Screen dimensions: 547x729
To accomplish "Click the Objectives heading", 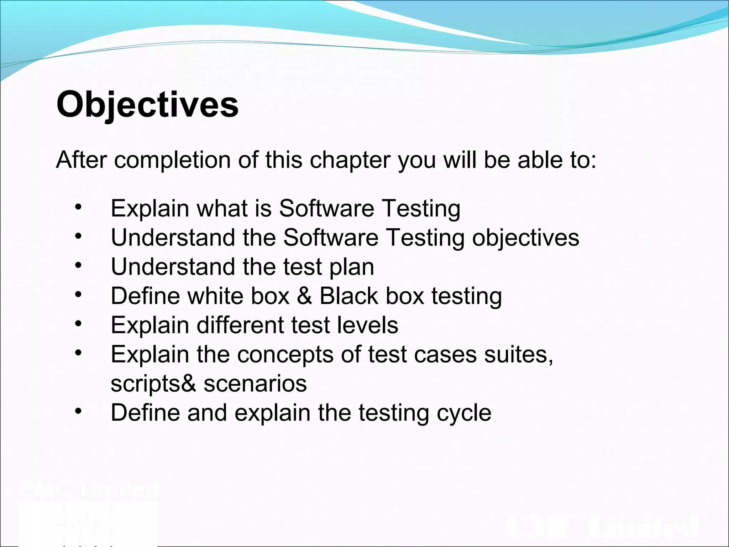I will (147, 105).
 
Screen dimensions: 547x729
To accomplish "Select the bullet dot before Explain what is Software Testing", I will (78, 207).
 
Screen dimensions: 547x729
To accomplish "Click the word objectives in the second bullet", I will (525, 238).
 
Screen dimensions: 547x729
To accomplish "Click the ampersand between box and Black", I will (304, 296).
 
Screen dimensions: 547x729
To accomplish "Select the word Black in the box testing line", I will (348, 296).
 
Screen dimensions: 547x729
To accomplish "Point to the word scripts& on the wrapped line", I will (153, 384).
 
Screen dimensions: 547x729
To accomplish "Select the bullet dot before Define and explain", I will (78, 412).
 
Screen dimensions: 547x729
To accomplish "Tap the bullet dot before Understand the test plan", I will (78, 266).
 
